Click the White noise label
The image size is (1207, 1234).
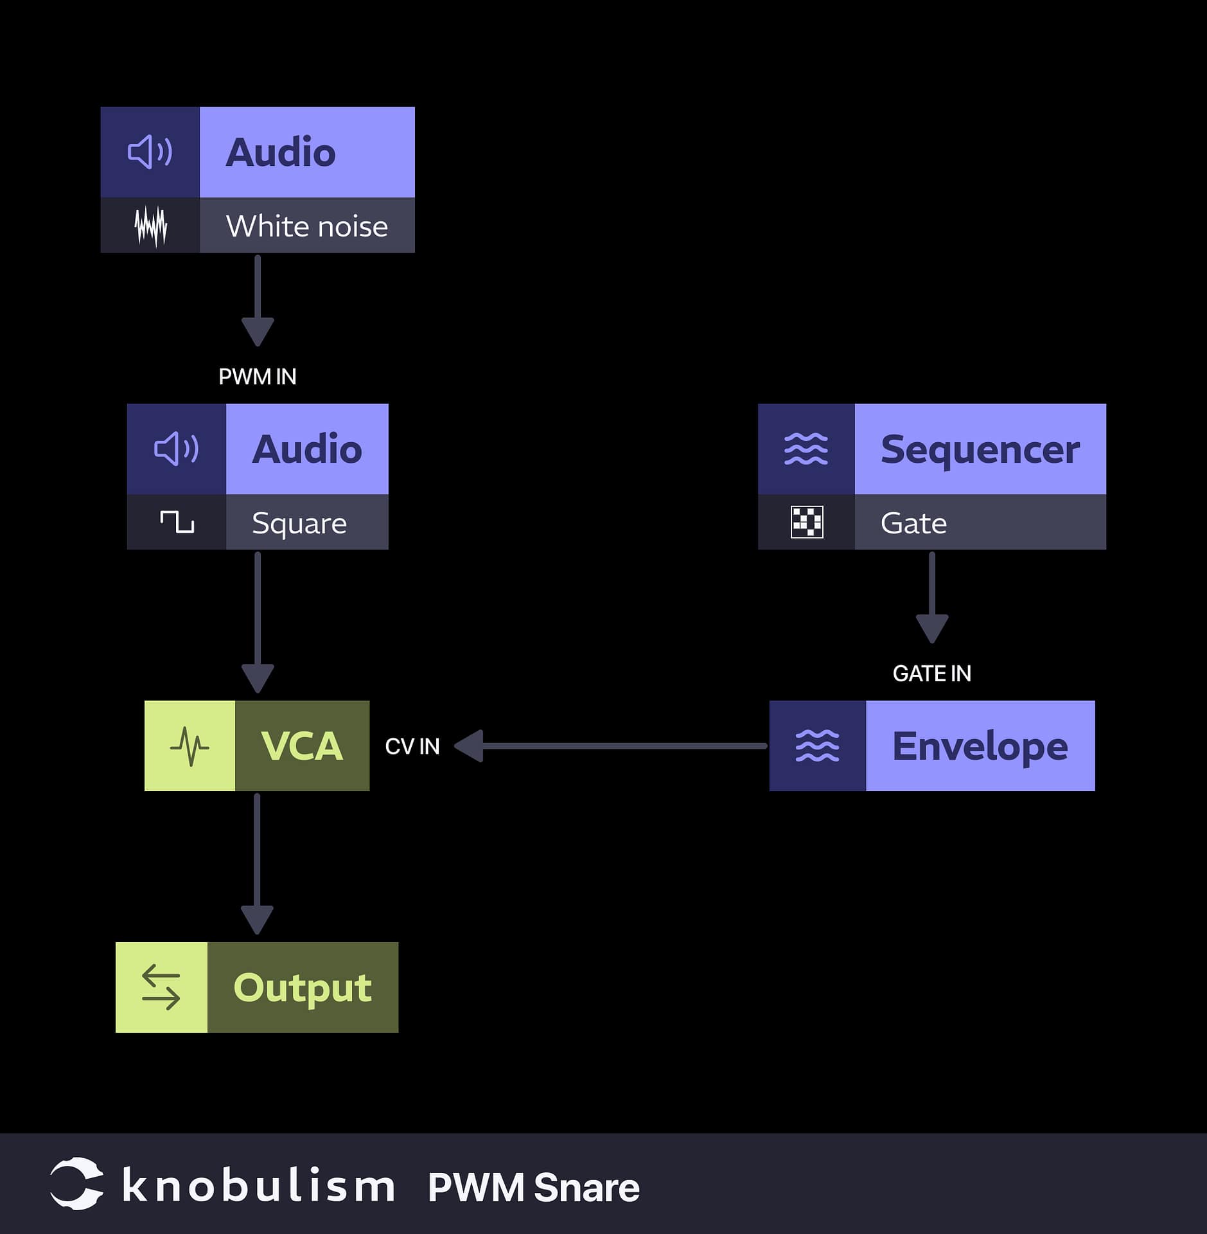306,226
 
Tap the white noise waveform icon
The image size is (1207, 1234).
150,226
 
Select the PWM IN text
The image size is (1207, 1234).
257,377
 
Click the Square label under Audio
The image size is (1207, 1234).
299,523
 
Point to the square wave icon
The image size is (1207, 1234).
177,522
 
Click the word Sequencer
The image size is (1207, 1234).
980,449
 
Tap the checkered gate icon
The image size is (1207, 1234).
806,522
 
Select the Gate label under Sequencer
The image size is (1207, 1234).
913,523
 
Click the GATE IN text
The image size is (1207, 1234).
931,674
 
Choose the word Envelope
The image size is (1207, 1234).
980,746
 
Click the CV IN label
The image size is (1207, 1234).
412,746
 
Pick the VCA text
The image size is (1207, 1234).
302,746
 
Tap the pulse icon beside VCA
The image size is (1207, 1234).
189,746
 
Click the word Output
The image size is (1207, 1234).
303,988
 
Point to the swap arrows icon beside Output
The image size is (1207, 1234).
161,988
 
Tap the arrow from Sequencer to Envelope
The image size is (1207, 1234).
931,598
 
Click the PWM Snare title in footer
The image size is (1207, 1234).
533,1187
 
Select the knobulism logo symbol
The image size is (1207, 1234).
76,1184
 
